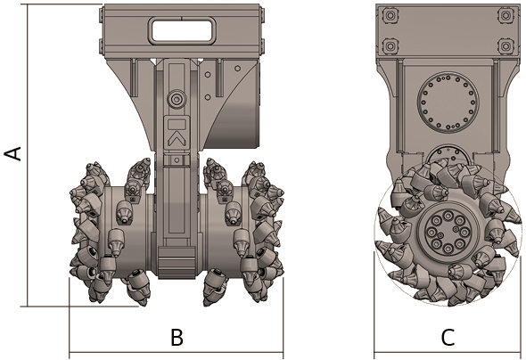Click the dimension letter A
[12, 153]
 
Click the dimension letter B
[177, 337]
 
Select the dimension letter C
[448, 337]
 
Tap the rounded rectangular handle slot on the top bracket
[181, 29]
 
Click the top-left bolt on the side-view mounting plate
[390, 15]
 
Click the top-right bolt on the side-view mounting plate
[505, 15]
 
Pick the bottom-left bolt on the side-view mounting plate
[390, 45]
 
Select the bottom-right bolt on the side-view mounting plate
[505, 45]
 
